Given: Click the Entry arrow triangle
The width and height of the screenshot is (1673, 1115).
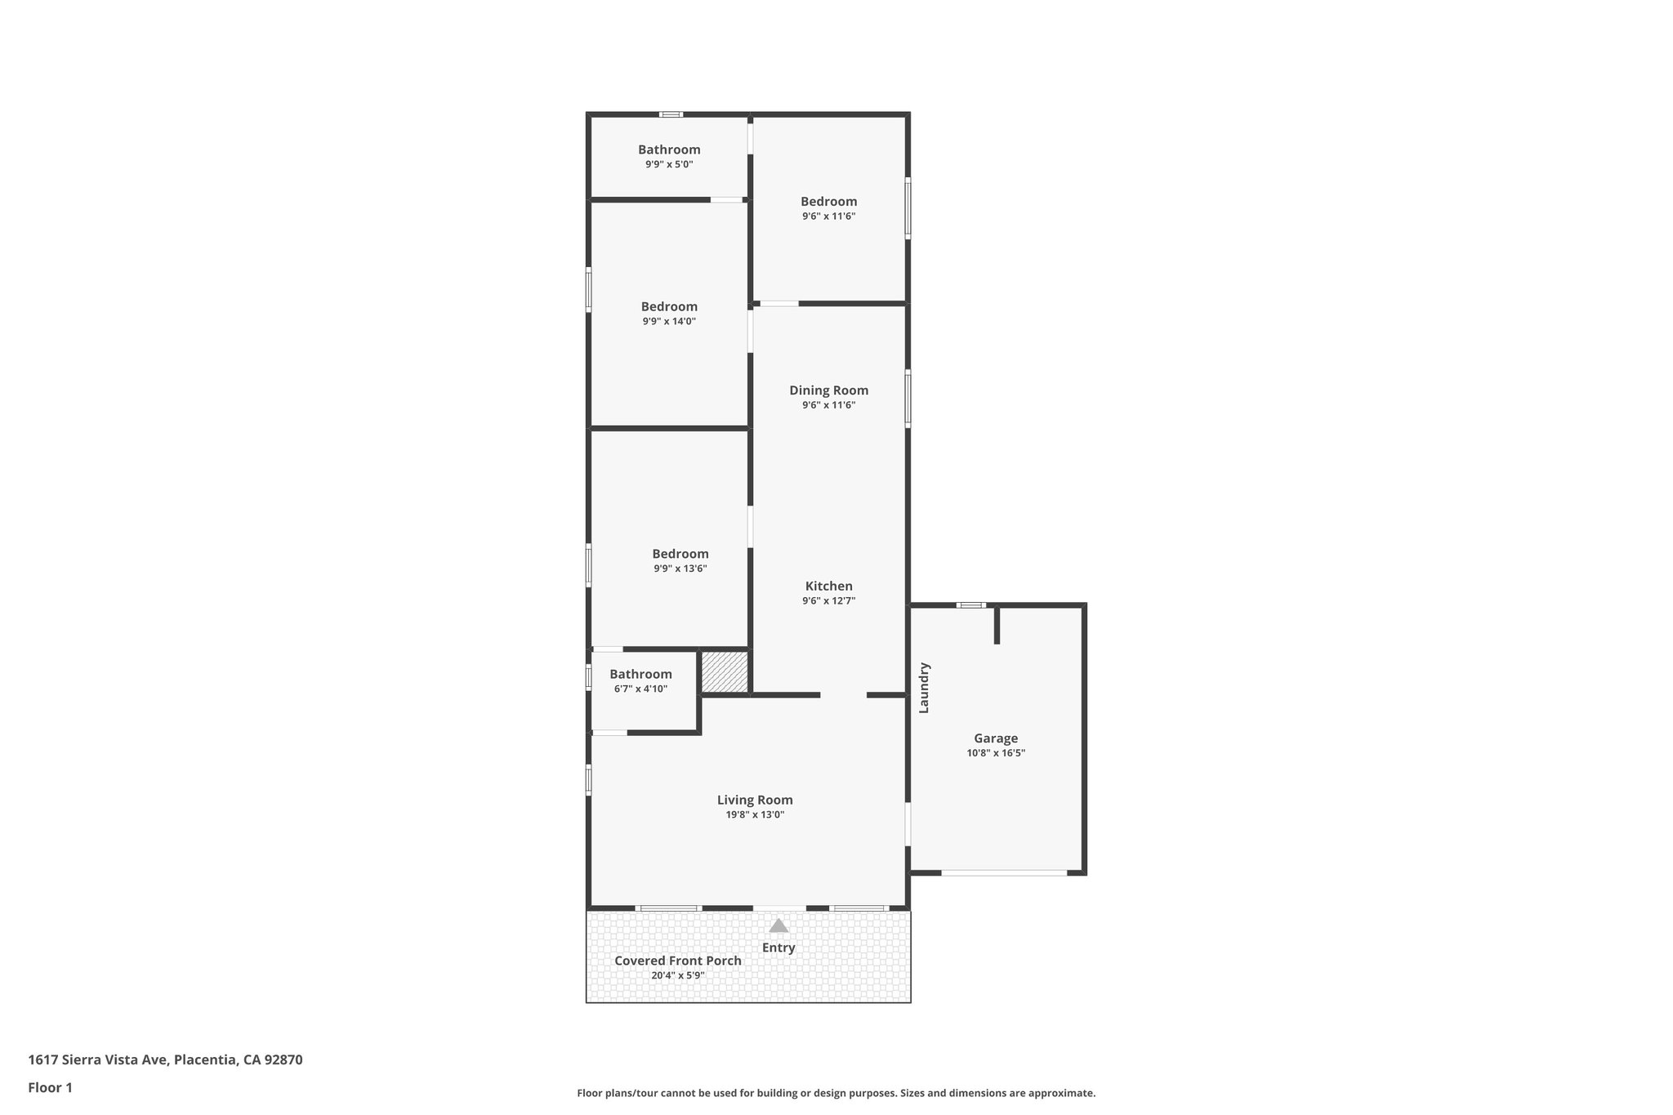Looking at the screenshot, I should click(779, 925).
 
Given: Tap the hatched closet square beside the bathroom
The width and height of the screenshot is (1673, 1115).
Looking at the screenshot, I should click(725, 671).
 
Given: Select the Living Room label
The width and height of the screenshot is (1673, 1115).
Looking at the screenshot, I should click(755, 800).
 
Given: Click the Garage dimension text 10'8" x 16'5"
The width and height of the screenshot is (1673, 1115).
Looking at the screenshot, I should click(996, 753).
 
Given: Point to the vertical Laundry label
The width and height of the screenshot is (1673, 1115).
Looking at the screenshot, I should click(925, 687).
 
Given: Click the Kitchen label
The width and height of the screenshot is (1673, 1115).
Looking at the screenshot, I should click(828, 586).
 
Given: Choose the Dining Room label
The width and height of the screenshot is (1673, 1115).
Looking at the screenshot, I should click(828, 390).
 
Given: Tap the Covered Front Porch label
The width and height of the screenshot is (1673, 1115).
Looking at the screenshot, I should click(678, 961).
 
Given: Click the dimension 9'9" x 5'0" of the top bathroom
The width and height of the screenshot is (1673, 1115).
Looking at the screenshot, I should click(669, 164).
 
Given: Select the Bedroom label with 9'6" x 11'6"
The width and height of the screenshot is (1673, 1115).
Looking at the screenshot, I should click(828, 201).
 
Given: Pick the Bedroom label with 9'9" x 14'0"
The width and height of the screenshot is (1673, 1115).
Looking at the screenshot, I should click(669, 306).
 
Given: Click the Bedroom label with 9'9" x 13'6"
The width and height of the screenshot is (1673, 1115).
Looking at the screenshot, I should click(680, 554).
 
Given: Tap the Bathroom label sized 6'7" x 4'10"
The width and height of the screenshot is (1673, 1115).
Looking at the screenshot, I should click(640, 674).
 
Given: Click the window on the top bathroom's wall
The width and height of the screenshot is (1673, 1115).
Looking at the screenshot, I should click(671, 114).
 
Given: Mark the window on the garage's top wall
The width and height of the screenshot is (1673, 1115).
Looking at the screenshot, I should click(971, 605).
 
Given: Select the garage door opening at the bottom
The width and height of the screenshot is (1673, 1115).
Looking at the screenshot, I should click(1004, 873).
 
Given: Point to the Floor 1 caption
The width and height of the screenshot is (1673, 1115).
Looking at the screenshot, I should click(50, 1088).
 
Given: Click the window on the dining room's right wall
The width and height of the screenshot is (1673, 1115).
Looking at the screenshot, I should click(908, 399).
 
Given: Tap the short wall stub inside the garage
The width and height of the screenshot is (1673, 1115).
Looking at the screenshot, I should click(997, 626).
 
